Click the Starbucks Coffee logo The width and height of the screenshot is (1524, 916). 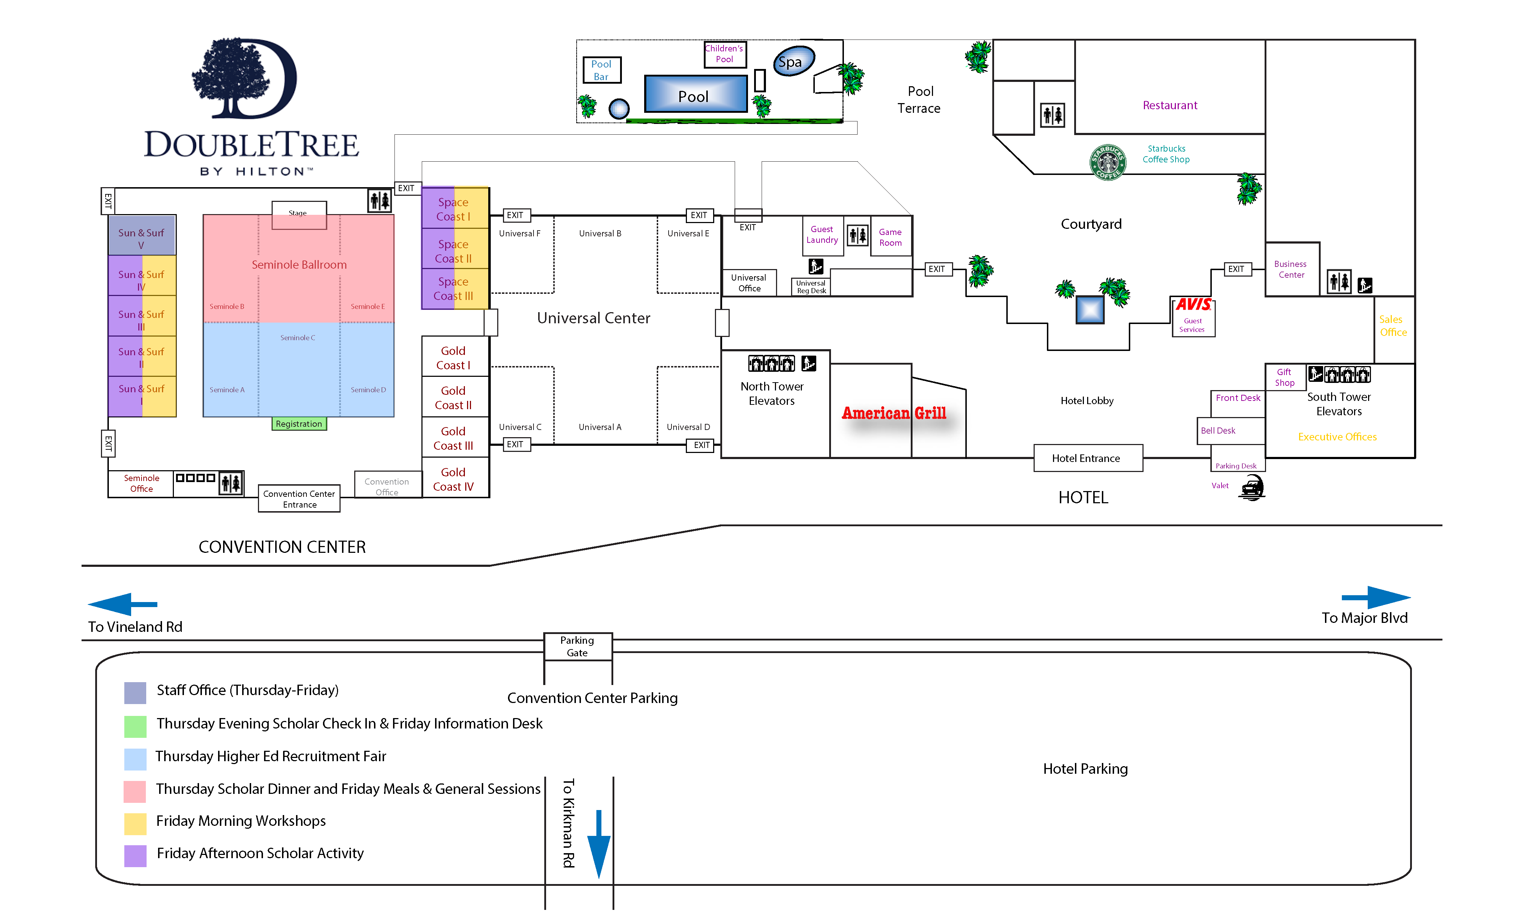(1107, 162)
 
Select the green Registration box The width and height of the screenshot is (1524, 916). (299, 424)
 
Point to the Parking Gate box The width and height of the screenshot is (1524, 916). (577, 646)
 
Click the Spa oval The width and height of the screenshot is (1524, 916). (793, 61)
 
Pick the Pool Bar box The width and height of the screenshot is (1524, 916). (601, 70)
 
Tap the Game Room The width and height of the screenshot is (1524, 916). (890, 237)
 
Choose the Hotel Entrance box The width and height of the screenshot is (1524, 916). (1086, 458)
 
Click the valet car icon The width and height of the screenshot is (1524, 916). (1251, 487)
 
